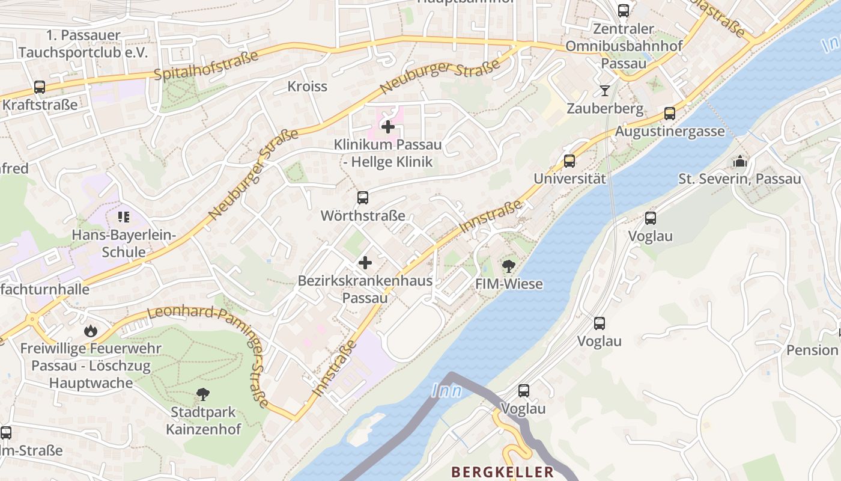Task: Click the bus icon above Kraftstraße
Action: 40,87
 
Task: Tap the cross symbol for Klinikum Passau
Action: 388,127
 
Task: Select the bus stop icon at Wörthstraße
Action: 363,198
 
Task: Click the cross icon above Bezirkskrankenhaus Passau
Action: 365,263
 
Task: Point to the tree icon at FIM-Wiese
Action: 509,266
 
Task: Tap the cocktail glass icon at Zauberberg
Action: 604,91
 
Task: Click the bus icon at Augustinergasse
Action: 670,114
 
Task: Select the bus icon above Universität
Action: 569,161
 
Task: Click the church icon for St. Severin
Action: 739,161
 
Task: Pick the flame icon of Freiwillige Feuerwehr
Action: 90,330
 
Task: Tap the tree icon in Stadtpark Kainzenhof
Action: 203,394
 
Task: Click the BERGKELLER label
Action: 502,472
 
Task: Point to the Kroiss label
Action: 307,86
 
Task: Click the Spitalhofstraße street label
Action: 206,66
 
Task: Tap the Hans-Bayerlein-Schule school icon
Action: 124,217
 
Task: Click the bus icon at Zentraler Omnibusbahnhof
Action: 624,10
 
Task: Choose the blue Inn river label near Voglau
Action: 446,391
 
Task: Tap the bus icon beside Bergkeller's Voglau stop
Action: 524,391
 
